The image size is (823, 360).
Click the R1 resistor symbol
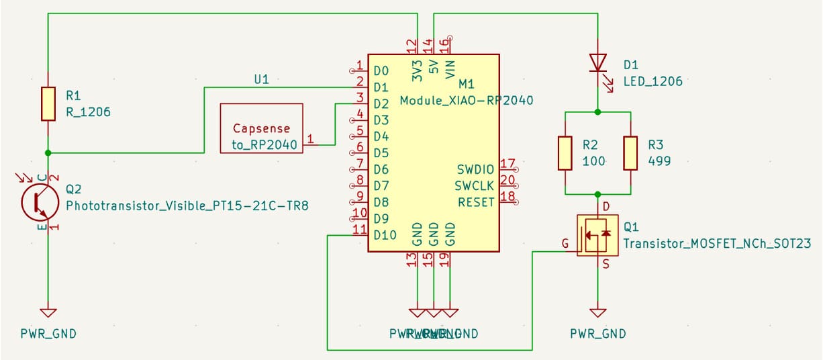pyautogui.click(x=48, y=103)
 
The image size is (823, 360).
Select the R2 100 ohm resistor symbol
pyautogui.click(x=565, y=153)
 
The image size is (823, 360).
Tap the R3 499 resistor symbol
pyautogui.click(x=630, y=153)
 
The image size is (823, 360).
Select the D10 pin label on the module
pyautogui.click(x=385, y=234)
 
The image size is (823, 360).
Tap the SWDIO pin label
pyautogui.click(x=475, y=169)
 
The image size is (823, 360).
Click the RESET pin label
pyautogui.click(x=476, y=201)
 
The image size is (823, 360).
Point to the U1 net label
pyautogui.click(x=261, y=79)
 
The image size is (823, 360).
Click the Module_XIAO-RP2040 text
pyautogui.click(x=466, y=101)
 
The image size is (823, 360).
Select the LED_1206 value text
pyautogui.click(x=652, y=81)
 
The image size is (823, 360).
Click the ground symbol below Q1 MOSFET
pyautogui.click(x=597, y=312)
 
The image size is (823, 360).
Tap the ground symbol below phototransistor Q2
pyautogui.click(x=48, y=312)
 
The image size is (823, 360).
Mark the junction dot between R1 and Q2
pyautogui.click(x=48, y=152)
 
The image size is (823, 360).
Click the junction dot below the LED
pyautogui.click(x=597, y=111)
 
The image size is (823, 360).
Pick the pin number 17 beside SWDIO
pyautogui.click(x=507, y=163)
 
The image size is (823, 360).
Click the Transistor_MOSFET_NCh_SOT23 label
pyautogui.click(x=716, y=244)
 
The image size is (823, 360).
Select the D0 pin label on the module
pyautogui.click(x=381, y=71)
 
